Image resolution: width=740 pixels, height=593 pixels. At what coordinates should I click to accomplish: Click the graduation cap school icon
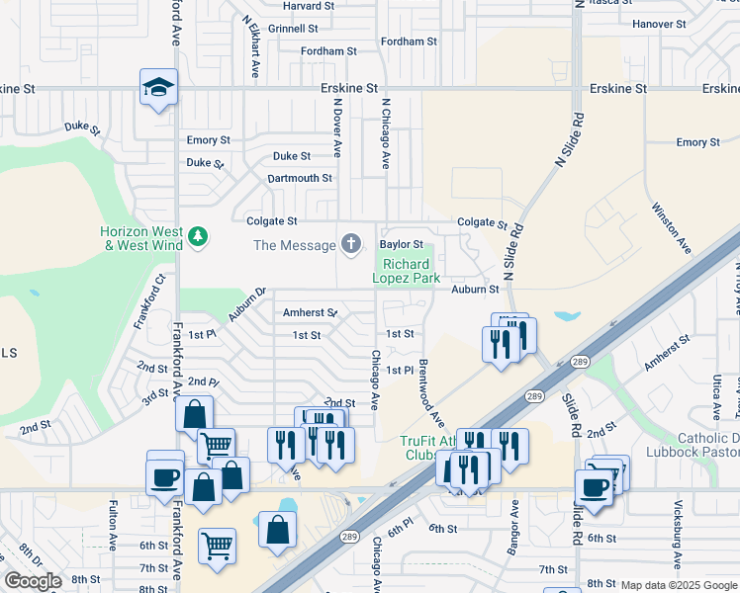(x=158, y=88)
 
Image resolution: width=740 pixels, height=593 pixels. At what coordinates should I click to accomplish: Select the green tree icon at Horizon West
(x=199, y=235)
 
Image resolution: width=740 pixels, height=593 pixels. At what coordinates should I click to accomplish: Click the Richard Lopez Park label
(x=406, y=272)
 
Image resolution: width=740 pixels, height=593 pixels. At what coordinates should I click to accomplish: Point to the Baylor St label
(x=401, y=244)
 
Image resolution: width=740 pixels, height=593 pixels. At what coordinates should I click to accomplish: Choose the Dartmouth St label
(x=300, y=178)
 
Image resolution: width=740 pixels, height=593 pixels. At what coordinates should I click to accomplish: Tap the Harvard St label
(x=308, y=6)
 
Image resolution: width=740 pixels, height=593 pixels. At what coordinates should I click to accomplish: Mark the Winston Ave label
(x=670, y=224)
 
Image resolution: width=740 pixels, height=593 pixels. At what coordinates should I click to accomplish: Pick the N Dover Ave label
(x=337, y=127)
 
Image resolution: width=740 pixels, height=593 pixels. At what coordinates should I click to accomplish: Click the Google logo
(x=33, y=581)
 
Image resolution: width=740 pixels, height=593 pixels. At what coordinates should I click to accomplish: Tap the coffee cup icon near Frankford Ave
(x=164, y=477)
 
